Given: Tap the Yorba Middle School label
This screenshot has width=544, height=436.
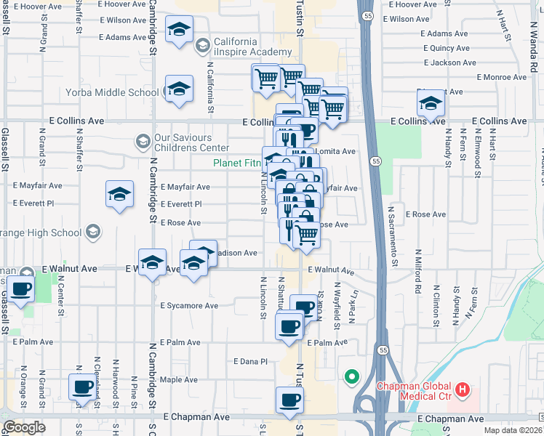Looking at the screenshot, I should click(x=111, y=92).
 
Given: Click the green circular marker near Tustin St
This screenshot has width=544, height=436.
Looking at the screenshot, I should click(x=352, y=376).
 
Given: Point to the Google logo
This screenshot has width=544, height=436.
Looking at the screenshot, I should click(x=23, y=427).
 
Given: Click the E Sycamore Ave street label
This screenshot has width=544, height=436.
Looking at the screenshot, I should click(x=189, y=306).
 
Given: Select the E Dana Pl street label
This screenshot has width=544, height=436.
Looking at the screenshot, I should click(x=250, y=361).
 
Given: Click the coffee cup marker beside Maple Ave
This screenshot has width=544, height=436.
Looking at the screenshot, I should click(x=81, y=387).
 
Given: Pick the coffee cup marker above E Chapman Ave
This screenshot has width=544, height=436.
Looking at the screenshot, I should click(x=289, y=400).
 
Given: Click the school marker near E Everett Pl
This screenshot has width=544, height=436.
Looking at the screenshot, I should click(x=120, y=195).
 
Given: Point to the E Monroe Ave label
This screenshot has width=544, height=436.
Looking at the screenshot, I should click(x=501, y=77).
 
